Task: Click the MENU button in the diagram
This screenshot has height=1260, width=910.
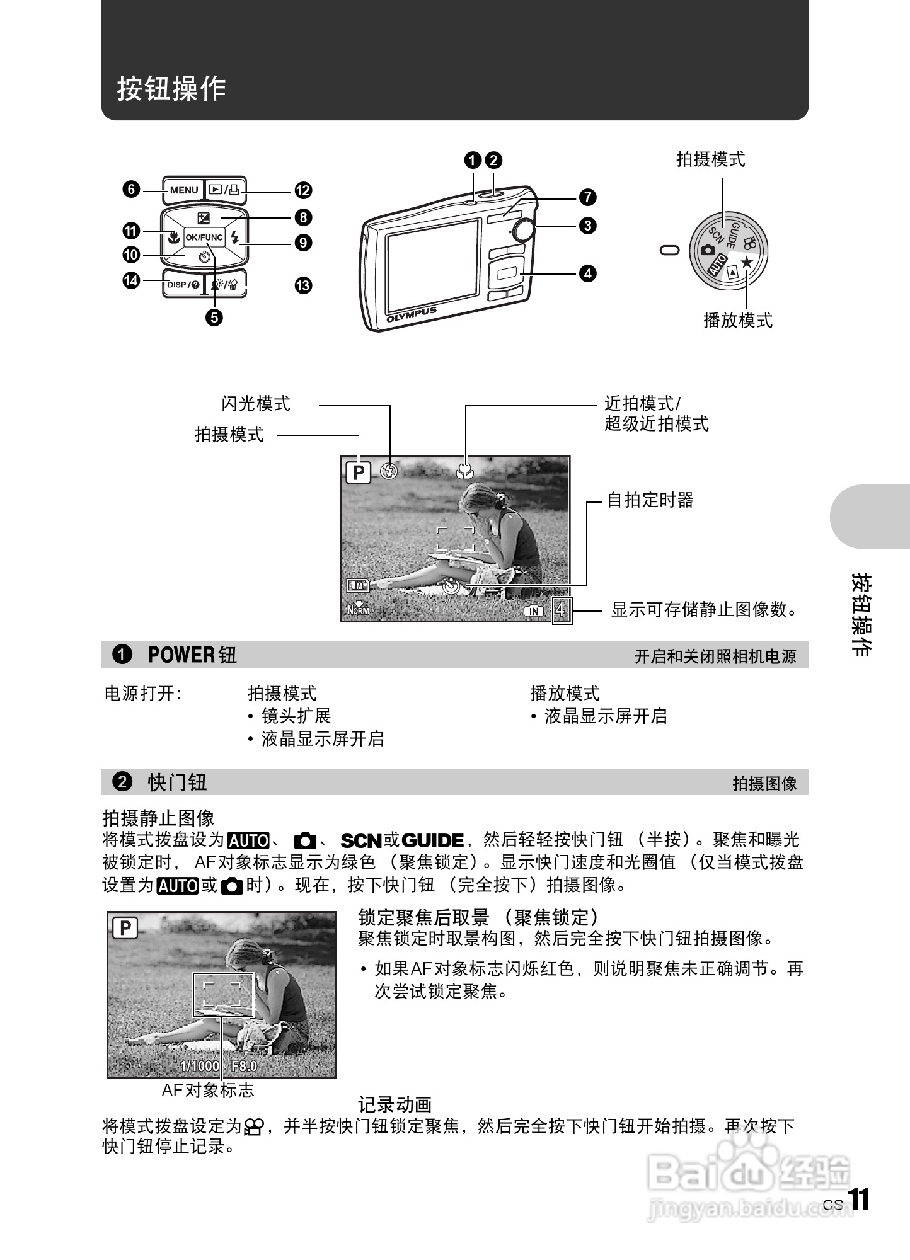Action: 183,190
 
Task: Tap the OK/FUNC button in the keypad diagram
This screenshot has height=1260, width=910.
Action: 204,238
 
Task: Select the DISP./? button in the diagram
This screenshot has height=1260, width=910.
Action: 183,285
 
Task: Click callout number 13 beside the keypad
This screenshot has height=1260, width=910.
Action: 303,285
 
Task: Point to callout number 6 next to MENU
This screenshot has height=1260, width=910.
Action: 131,190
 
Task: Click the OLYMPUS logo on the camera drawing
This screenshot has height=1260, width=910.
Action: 411,314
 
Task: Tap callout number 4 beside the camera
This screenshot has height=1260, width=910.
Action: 587,273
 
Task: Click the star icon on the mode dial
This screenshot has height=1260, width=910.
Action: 747,261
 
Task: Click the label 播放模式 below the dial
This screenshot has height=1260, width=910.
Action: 737,320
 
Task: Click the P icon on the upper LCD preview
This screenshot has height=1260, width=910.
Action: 359,472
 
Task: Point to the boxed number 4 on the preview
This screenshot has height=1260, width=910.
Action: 562,610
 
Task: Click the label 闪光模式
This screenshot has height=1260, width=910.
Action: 256,404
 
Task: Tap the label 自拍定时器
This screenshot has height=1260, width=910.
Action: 650,501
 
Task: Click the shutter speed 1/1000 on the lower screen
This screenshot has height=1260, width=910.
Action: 199,1066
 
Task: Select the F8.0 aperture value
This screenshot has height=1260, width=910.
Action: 244,1066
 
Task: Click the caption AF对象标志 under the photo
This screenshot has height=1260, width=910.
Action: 208,1091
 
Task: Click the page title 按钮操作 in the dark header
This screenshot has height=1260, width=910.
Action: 171,88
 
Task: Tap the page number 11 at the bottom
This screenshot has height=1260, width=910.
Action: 858,1200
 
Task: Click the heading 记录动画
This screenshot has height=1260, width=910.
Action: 395,1105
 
